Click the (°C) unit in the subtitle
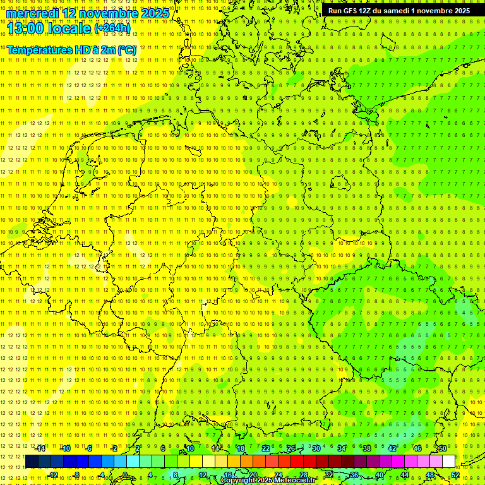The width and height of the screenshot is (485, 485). [126, 49]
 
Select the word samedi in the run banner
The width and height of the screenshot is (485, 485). [404, 11]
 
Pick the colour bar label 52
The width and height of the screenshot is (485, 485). [455, 474]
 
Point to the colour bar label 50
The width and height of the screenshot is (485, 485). [443, 448]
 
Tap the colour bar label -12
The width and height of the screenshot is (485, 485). [53, 474]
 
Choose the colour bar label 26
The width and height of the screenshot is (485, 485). [291, 448]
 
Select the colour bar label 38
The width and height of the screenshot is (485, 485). [367, 448]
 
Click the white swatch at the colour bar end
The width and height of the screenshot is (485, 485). [448, 462]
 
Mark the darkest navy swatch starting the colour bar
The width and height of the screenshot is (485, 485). [32, 462]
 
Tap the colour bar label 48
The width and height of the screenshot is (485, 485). [429, 474]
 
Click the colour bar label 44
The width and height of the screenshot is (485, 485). [404, 474]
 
